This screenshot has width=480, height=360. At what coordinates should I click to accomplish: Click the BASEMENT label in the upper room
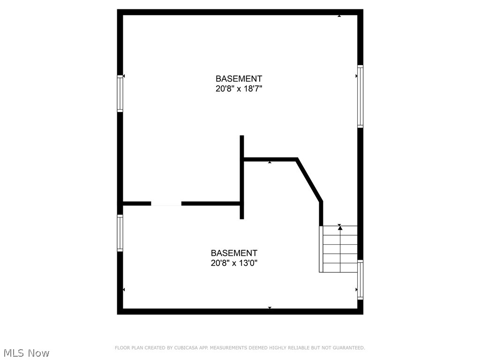coord(239,79)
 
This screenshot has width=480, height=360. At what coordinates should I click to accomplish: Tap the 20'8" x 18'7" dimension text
coord(239,89)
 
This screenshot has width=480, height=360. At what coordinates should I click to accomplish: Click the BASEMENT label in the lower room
coord(234,253)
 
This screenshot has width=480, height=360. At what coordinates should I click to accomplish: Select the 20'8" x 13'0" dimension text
coord(234,263)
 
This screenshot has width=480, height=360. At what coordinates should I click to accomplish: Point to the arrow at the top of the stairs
coord(340,227)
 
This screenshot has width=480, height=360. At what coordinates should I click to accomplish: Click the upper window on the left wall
coord(120,94)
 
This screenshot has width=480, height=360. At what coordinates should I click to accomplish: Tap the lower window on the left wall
coord(120,233)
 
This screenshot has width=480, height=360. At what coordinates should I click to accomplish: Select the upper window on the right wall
coord(360,96)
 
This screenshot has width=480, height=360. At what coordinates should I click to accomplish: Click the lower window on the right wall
coord(360,280)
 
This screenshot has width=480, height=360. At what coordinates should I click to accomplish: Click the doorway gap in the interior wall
coord(166,203)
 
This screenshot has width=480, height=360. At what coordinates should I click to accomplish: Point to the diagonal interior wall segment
coord(309,180)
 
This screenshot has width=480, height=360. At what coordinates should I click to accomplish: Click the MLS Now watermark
coord(26,353)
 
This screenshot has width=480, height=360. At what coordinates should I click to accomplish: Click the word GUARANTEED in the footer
coord(347,348)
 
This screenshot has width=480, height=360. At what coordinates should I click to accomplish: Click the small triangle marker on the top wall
coord(339,16)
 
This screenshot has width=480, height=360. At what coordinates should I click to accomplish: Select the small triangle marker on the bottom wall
coord(270,307)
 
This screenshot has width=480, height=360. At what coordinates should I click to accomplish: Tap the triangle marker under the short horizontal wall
coord(270,163)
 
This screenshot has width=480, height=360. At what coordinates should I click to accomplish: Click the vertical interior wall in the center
coord(242,178)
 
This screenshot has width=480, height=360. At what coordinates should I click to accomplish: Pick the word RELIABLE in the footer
coord(293,348)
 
